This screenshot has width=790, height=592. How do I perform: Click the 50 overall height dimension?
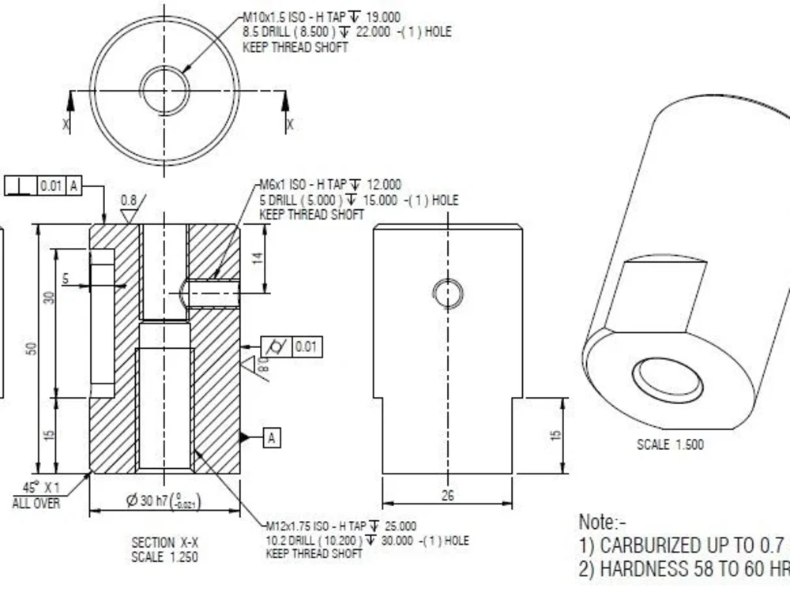[32, 348]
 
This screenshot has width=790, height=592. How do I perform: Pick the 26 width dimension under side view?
[447, 496]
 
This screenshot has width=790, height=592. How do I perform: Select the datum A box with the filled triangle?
[271, 437]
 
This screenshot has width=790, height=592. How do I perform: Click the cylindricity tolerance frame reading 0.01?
[292, 347]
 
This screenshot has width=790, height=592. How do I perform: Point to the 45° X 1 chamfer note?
[36, 495]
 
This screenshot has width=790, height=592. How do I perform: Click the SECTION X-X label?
[164, 542]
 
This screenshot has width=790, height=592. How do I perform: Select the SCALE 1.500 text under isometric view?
[670, 444]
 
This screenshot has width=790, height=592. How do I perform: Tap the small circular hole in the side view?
[447, 294]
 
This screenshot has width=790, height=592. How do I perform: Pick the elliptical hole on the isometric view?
[668, 379]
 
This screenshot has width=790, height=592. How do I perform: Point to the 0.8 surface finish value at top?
[128, 200]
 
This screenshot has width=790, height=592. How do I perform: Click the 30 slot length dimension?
[49, 298]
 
